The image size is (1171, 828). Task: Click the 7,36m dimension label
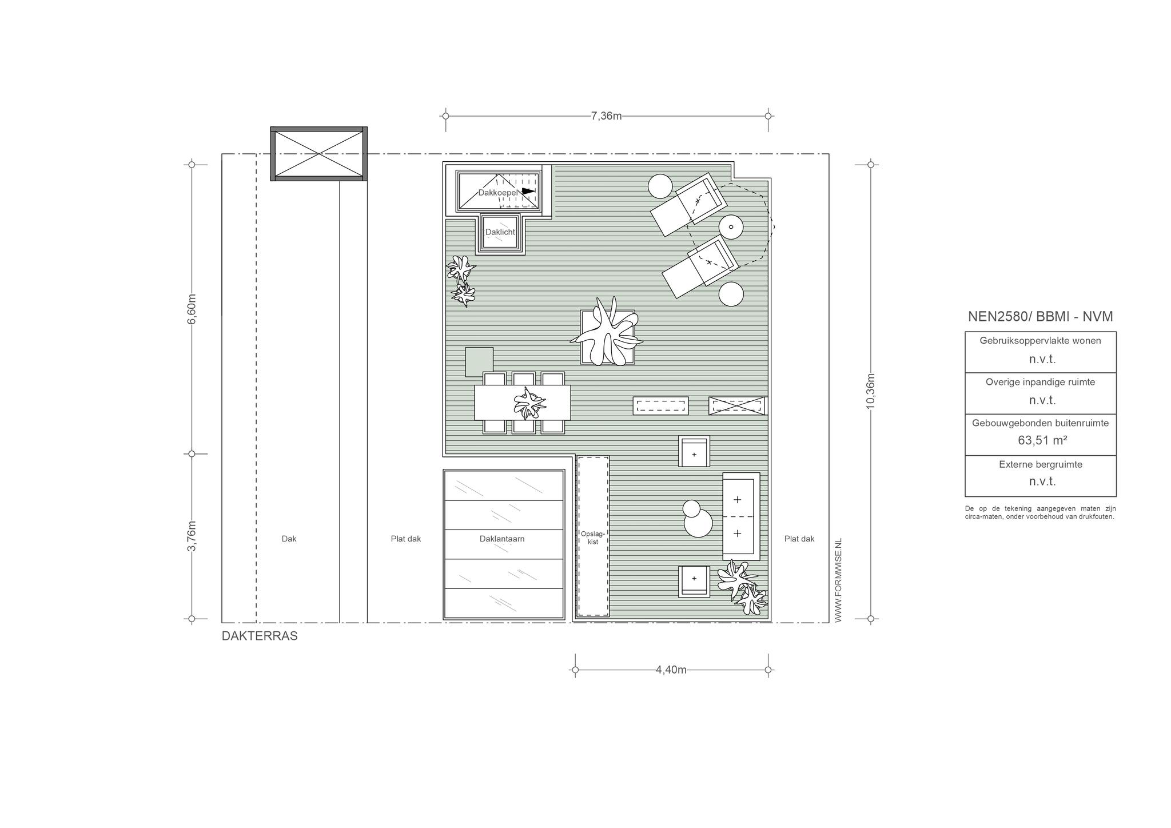[x=606, y=116]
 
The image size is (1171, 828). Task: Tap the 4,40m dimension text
[x=671, y=670]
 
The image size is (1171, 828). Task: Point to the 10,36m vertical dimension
[x=871, y=391]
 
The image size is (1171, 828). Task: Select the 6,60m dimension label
[x=192, y=309]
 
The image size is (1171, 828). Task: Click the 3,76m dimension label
[x=192, y=536]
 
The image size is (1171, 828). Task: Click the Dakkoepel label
[x=498, y=193]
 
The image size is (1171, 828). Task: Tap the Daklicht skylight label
[x=500, y=232]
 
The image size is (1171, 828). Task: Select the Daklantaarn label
[x=502, y=539]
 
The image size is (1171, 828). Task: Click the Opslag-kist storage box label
[x=593, y=538]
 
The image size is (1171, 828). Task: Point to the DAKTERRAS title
[x=260, y=636]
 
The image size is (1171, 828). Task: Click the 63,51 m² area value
[x=1042, y=440]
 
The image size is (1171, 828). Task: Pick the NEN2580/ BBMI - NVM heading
[x=1040, y=317]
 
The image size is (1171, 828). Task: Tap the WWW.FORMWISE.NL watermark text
[x=838, y=580]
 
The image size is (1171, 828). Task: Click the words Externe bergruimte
[x=1041, y=464]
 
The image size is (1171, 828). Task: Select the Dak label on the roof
[x=289, y=539]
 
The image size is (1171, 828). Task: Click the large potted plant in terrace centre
[x=607, y=333]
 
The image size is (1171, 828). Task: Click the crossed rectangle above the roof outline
[x=319, y=153]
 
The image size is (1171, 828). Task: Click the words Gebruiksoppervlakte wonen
[x=1041, y=341]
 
